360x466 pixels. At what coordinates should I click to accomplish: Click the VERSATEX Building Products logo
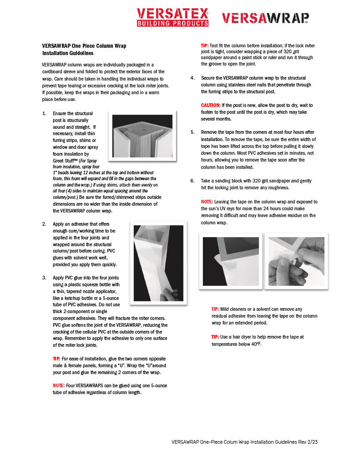(172, 17)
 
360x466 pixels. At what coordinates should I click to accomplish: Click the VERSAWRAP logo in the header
(265, 18)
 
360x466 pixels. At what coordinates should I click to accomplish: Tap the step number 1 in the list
(44, 113)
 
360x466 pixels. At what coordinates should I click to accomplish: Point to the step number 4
(192, 78)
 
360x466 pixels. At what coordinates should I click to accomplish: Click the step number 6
(192, 181)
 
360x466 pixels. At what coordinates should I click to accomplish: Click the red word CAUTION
(211, 105)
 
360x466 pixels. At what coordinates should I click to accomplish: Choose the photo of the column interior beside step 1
(142, 136)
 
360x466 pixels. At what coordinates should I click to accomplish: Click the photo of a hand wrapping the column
(158, 263)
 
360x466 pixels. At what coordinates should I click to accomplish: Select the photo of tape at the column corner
(231, 261)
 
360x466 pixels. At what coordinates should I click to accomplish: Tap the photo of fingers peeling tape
(296, 261)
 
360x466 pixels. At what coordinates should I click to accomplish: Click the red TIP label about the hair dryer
(215, 337)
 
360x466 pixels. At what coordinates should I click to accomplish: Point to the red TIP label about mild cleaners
(215, 309)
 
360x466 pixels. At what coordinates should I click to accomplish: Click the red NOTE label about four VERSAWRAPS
(59, 385)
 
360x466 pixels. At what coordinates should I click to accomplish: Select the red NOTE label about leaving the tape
(207, 202)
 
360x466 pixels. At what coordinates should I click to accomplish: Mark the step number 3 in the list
(44, 277)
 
